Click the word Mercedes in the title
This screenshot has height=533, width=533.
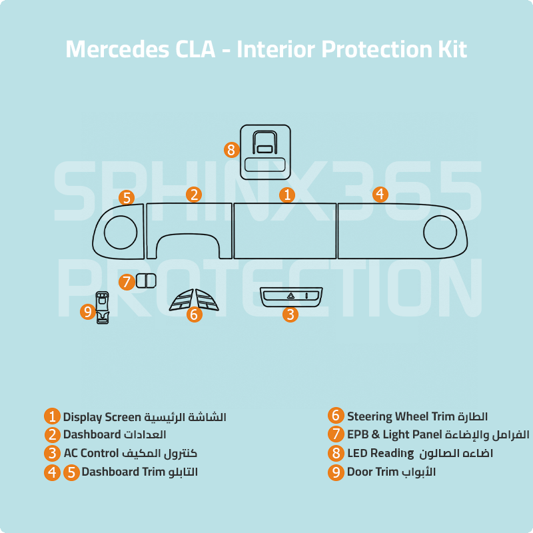[x=117, y=49]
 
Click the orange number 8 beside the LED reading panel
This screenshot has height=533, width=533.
[x=231, y=150]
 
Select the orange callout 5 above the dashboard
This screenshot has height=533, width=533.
[x=127, y=198]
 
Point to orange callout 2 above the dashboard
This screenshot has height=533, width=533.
[x=194, y=195]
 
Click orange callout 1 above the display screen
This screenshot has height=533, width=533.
[x=287, y=195]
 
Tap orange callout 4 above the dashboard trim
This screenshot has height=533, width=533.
[x=380, y=195]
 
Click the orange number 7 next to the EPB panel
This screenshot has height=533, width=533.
[x=127, y=282]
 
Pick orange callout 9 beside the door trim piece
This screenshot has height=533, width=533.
[x=88, y=311]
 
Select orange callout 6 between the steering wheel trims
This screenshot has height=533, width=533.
[x=195, y=314]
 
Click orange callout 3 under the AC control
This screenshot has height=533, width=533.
[x=290, y=314]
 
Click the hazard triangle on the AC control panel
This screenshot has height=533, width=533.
[x=290, y=296]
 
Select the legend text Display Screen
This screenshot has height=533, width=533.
[x=102, y=417]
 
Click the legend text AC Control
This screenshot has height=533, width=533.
[x=91, y=453]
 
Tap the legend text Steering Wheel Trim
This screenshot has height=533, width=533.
[x=401, y=416]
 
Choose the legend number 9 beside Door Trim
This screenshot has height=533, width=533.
[x=336, y=472]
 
